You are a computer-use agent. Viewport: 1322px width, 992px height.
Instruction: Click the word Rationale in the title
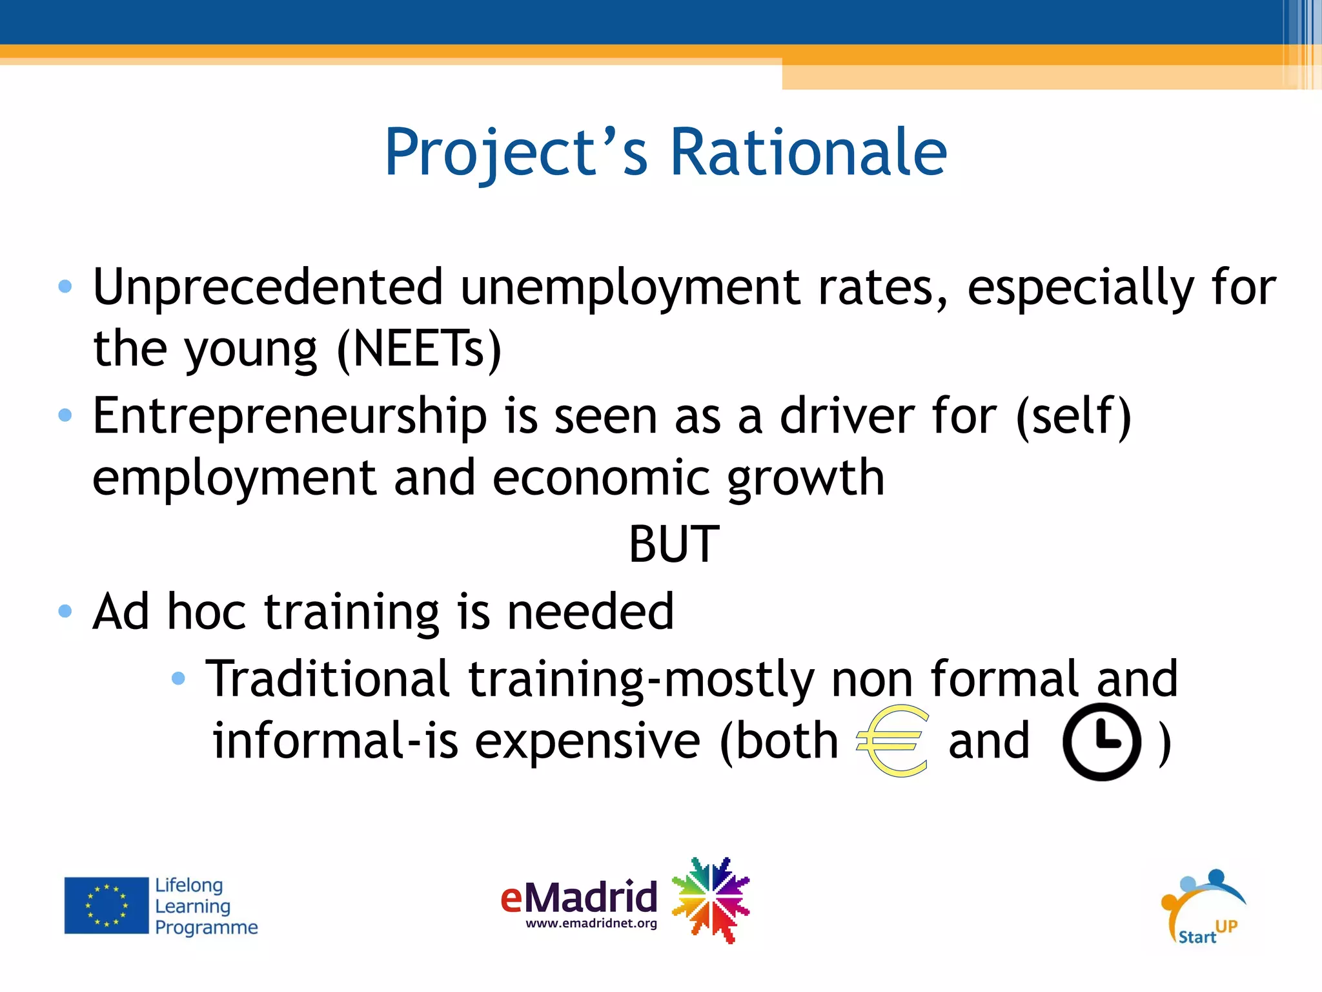click(808, 152)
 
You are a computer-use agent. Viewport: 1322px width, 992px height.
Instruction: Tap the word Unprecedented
click(268, 287)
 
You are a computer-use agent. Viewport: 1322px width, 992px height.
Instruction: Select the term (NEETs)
click(419, 349)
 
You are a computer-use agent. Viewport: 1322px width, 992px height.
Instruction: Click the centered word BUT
click(674, 544)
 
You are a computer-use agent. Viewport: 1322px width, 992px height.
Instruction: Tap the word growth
click(806, 479)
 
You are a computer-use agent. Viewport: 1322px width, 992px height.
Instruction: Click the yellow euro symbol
click(893, 741)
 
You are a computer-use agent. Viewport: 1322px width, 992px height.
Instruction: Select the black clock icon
click(1101, 741)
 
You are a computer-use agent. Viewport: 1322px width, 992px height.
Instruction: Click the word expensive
click(587, 741)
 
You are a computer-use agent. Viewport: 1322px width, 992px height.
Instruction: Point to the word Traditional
click(327, 679)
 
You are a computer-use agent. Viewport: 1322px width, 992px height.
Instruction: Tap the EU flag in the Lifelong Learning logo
click(107, 905)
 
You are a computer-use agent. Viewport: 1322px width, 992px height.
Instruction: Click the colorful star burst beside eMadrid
click(711, 899)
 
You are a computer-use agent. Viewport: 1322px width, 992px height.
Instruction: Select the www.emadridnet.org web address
click(591, 924)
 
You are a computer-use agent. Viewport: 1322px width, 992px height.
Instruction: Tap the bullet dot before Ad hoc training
click(65, 611)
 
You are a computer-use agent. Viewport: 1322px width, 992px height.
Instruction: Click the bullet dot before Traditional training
click(179, 678)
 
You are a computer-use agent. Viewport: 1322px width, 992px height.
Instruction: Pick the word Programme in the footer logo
click(206, 927)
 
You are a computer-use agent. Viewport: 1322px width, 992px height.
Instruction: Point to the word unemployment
click(630, 287)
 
